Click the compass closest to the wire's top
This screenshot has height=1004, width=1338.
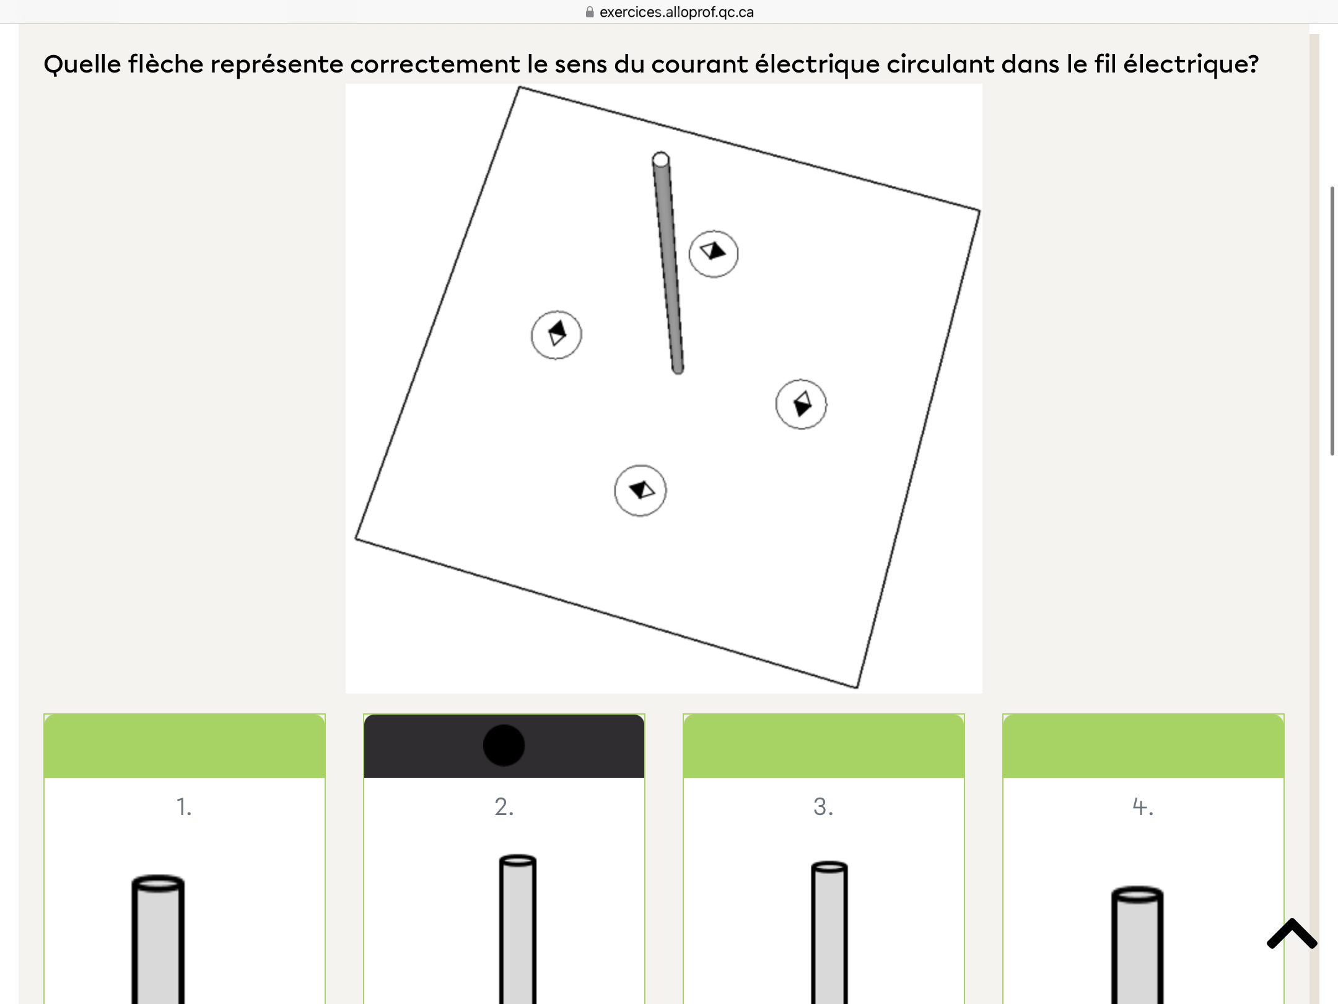[714, 253]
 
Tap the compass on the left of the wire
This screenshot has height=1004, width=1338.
[556, 335]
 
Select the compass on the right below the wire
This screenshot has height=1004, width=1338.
[801, 404]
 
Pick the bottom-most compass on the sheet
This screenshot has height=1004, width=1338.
[641, 490]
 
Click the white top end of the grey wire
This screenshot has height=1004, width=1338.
[661, 159]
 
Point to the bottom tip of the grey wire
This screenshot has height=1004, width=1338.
[678, 371]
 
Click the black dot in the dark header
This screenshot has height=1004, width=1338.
[504, 745]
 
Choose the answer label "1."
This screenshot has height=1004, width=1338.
[184, 806]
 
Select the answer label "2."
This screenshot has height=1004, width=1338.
[504, 806]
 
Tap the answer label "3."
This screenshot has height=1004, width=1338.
[823, 806]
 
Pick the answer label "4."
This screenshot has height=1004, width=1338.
[1143, 806]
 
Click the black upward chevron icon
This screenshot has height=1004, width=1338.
[1292, 934]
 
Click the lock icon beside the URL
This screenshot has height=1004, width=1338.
[590, 12]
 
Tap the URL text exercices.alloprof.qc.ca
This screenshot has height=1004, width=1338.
[676, 12]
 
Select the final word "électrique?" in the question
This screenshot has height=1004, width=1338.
[1191, 64]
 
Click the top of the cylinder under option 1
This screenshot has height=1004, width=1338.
[158, 883]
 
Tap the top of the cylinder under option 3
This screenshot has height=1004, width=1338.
[829, 867]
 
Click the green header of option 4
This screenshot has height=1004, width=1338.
[1143, 746]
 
